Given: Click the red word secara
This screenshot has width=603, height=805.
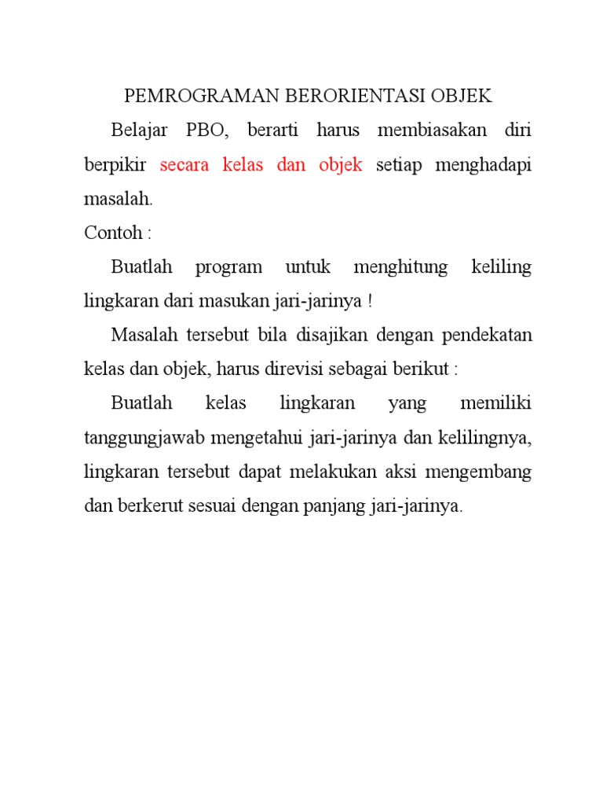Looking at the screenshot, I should tap(186, 164).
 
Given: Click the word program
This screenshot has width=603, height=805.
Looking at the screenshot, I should tap(228, 267).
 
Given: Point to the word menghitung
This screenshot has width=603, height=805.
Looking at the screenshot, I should tap(400, 267).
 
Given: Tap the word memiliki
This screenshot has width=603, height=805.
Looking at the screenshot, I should tap(495, 404).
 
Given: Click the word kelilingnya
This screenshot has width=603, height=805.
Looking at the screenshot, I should tap(482, 439).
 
